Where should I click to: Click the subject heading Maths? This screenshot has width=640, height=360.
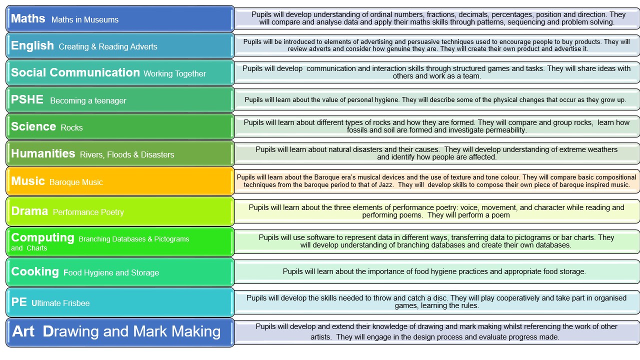pyautogui.click(x=28, y=18)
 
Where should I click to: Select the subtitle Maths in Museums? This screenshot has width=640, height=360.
pyautogui.click(x=85, y=19)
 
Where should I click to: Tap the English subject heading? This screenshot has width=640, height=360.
pyautogui.click(x=32, y=45)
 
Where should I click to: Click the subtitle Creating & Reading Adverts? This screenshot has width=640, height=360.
pyautogui.click(x=108, y=46)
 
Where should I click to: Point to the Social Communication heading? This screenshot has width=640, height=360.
pyautogui.click(x=75, y=72)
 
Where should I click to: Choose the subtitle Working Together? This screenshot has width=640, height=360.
pyautogui.click(x=174, y=73)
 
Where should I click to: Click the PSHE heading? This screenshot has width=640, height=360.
pyautogui.click(x=27, y=99)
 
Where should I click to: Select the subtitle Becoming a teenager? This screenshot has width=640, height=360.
pyautogui.click(x=88, y=100)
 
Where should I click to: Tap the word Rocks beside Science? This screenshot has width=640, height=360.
pyautogui.click(x=71, y=127)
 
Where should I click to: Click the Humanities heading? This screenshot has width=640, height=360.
pyautogui.click(x=43, y=153)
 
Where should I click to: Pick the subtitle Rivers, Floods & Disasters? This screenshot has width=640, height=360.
pyautogui.click(x=127, y=154)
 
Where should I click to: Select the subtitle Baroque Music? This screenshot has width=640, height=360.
pyautogui.click(x=76, y=182)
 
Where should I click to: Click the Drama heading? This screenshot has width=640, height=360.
pyautogui.click(x=29, y=211)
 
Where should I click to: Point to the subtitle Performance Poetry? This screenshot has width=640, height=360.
pyautogui.click(x=88, y=212)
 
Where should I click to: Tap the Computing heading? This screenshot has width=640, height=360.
pyautogui.click(x=43, y=237)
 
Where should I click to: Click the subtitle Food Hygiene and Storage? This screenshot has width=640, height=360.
pyautogui.click(x=111, y=273)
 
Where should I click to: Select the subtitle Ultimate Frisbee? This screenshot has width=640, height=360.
pyautogui.click(x=60, y=303)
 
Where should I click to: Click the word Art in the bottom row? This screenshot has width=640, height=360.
pyautogui.click(x=23, y=331)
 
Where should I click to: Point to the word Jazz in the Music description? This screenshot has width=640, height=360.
pyautogui.click(x=385, y=185)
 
